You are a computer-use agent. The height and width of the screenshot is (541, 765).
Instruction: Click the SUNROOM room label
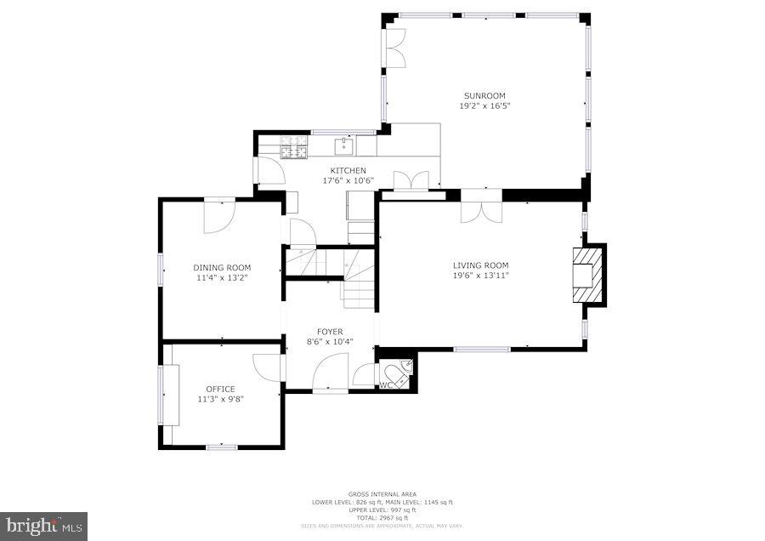coord(484,95)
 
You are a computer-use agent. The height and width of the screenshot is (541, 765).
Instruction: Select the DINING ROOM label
coord(221,267)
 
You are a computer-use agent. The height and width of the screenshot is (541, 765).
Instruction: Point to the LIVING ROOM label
coord(480,265)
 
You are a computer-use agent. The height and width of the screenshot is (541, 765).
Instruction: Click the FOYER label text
coord(330,331)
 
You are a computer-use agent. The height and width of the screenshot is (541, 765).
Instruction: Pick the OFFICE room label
coord(220,389)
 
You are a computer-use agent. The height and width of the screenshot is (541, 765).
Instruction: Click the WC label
coord(384,385)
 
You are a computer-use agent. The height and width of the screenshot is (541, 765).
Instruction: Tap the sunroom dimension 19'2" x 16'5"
coord(484,105)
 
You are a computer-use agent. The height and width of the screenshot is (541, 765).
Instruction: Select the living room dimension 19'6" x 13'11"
coord(480,275)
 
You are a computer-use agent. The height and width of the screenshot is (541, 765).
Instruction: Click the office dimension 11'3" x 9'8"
coord(220,399)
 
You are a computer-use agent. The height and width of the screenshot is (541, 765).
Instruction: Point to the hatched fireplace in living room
coord(590,274)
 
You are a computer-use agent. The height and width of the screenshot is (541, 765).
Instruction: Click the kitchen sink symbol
coord(344,147)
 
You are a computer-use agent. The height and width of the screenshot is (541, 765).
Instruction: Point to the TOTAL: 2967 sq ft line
coord(382,518)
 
